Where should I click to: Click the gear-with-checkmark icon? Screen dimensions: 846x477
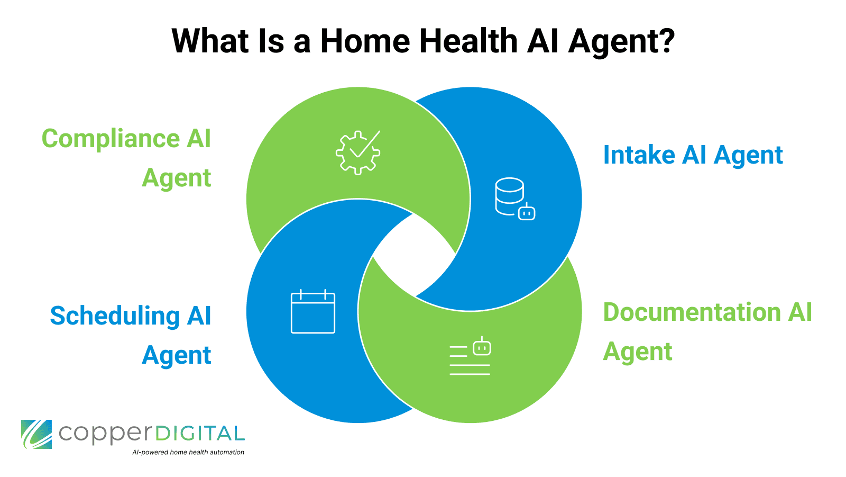pos(358,152)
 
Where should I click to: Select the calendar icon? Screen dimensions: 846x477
pos(313,312)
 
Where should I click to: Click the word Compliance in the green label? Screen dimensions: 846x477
pos(111,139)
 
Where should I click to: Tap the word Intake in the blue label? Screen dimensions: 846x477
pos(639,155)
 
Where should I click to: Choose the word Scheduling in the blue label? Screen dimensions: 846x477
pos(115,316)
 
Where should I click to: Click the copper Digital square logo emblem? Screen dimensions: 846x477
pos(36,434)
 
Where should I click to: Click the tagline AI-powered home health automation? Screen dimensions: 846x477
pos(188,452)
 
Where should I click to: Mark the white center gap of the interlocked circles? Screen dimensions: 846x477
pos(414,255)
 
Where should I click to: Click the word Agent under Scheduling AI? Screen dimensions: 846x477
pos(177,355)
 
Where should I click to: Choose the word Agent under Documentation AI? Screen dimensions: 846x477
pos(638,352)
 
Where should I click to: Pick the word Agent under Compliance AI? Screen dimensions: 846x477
pos(177,178)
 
